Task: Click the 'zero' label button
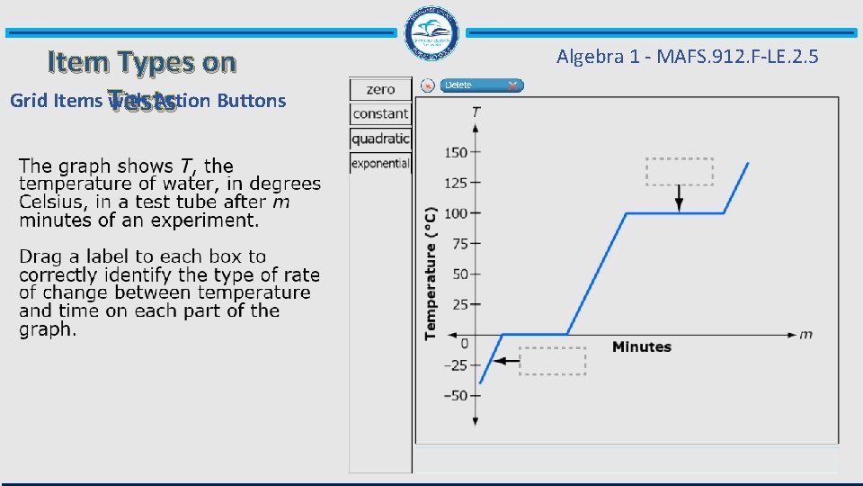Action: pos(380,89)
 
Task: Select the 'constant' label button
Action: pos(380,114)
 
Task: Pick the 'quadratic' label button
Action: pos(380,139)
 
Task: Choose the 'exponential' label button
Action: pos(380,163)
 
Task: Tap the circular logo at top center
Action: pos(431,33)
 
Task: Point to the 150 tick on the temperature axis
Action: pos(456,152)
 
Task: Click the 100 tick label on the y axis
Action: pos(456,213)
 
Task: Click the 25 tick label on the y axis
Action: pos(459,304)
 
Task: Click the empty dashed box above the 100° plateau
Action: pos(679,172)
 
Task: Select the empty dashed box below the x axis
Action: pos(552,361)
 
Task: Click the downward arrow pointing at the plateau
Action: pos(679,198)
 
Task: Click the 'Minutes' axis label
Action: pos(641,346)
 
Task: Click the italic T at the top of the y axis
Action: pos(475,112)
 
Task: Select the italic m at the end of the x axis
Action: pos(805,334)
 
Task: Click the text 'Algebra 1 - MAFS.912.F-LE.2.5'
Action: pos(687,57)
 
